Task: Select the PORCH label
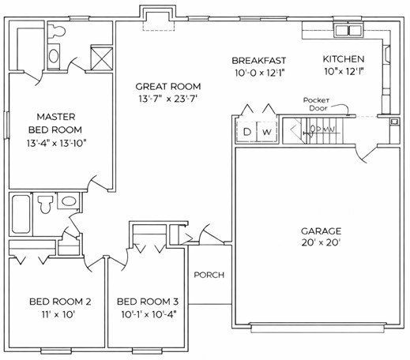(x=209, y=276)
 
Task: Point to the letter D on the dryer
(x=246, y=131)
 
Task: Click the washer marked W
(x=267, y=131)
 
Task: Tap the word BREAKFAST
(x=258, y=61)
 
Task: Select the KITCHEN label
(x=343, y=60)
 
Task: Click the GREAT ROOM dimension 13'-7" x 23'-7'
(x=167, y=99)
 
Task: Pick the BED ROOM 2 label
(x=61, y=301)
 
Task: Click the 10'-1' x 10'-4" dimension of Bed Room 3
(x=148, y=314)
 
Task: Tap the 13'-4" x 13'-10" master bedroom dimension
(x=55, y=143)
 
